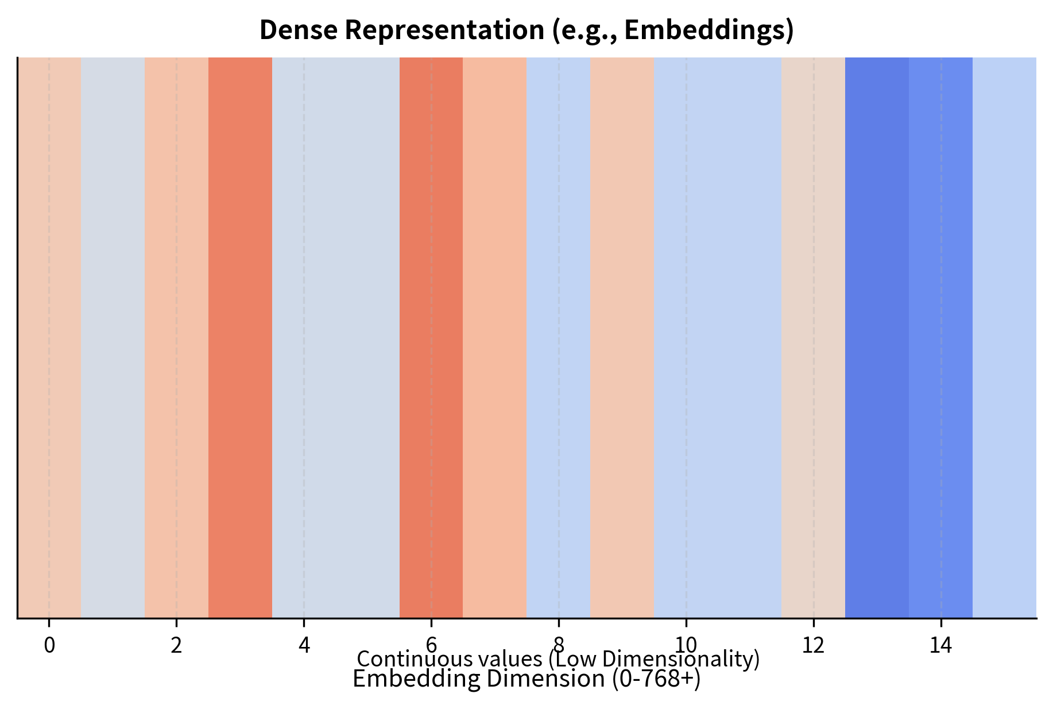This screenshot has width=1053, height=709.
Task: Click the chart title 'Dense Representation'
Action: (x=526, y=30)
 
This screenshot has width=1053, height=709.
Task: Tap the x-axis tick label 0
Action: (x=49, y=646)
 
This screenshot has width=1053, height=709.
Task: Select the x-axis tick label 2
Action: (x=176, y=646)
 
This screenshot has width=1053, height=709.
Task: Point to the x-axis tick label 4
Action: (x=304, y=646)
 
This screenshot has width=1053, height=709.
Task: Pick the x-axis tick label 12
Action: (x=813, y=646)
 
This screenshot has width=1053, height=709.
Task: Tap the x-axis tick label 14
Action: (x=940, y=646)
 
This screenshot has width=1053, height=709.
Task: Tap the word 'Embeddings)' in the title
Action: (x=709, y=30)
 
